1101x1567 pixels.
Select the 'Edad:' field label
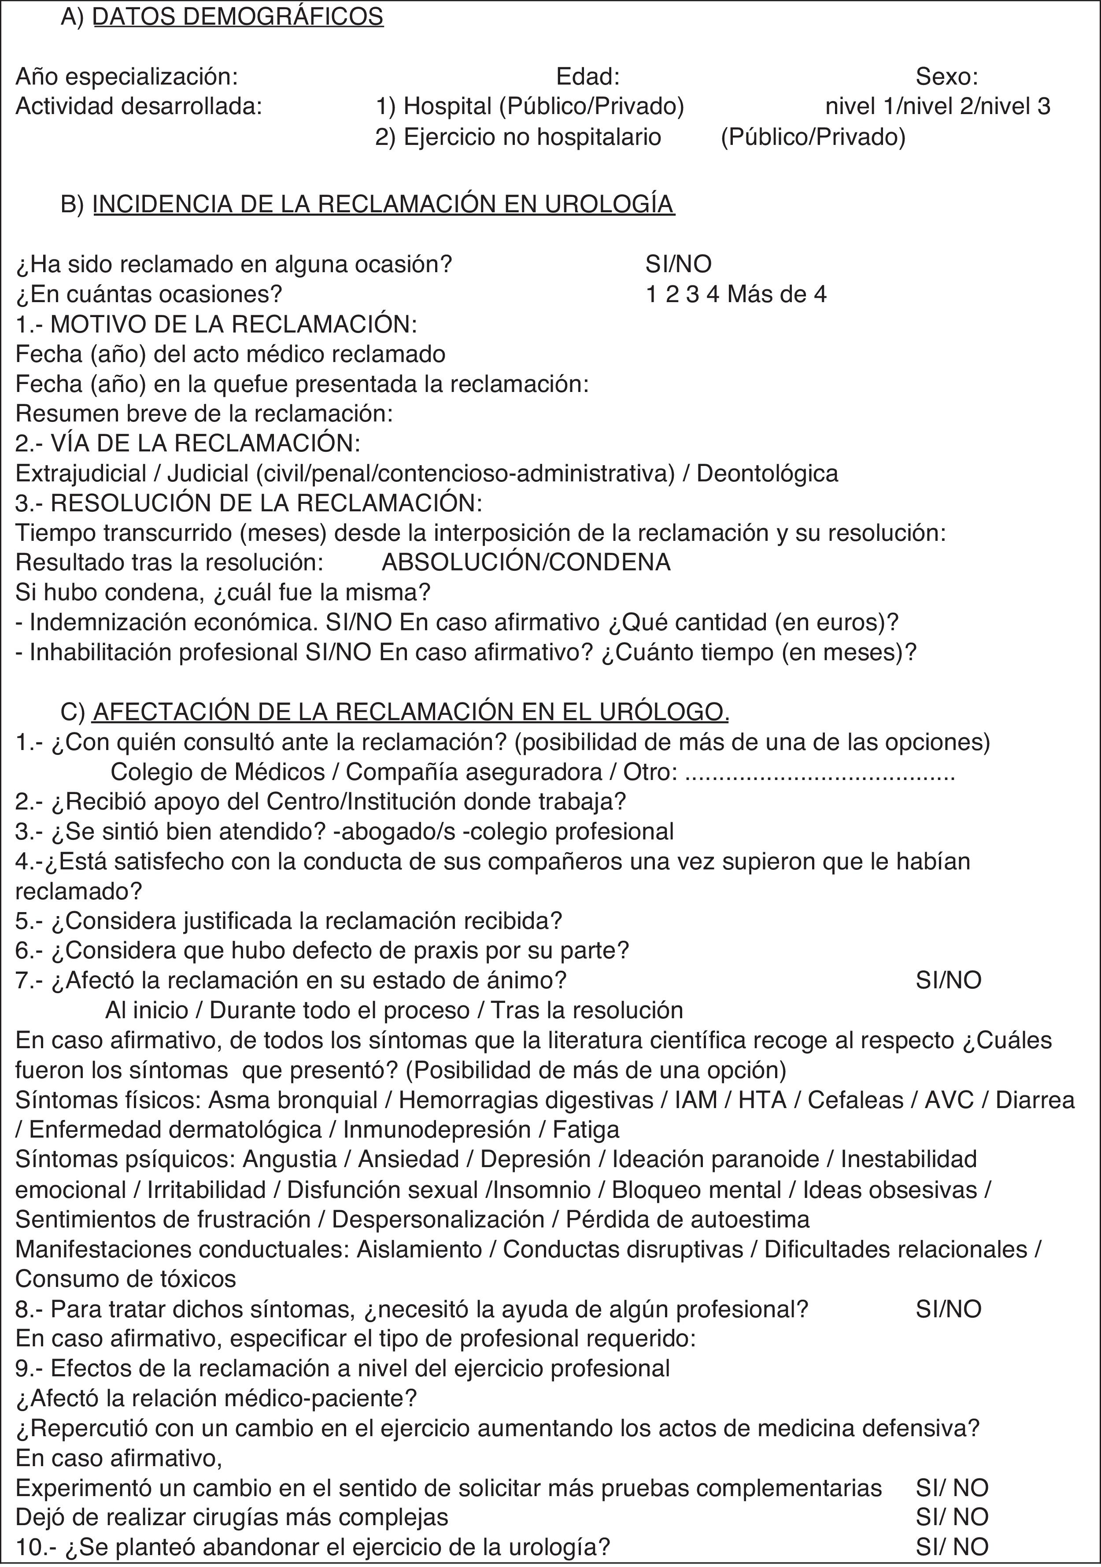[x=587, y=77]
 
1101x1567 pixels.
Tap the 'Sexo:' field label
[x=947, y=77]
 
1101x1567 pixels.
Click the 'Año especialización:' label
[x=127, y=77]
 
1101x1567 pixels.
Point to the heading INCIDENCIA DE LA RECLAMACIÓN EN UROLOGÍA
[x=384, y=204]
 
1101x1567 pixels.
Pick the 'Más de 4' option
[x=777, y=294]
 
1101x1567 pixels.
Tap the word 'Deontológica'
[x=767, y=473]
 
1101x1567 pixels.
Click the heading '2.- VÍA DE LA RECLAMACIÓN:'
[x=188, y=443]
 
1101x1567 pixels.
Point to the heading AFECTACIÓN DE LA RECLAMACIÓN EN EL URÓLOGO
[x=411, y=712]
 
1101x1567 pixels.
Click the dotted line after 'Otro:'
[x=819, y=772]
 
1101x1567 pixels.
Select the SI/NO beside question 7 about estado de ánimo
[x=948, y=980]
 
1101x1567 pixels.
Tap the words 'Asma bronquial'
[x=293, y=1099]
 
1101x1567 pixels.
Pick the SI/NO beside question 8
[x=948, y=1308]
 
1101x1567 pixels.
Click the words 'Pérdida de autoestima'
[x=688, y=1219]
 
